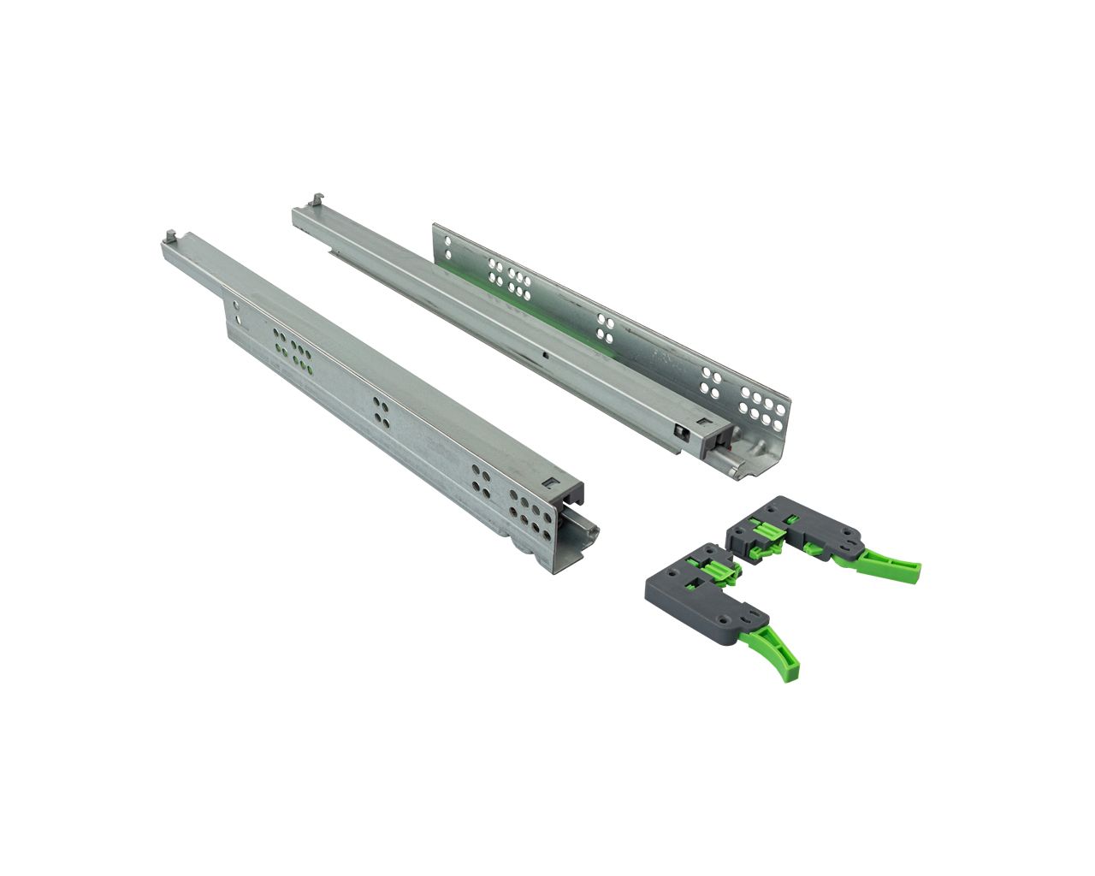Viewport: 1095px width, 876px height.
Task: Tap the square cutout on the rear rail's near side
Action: pyautogui.click(x=682, y=432)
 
